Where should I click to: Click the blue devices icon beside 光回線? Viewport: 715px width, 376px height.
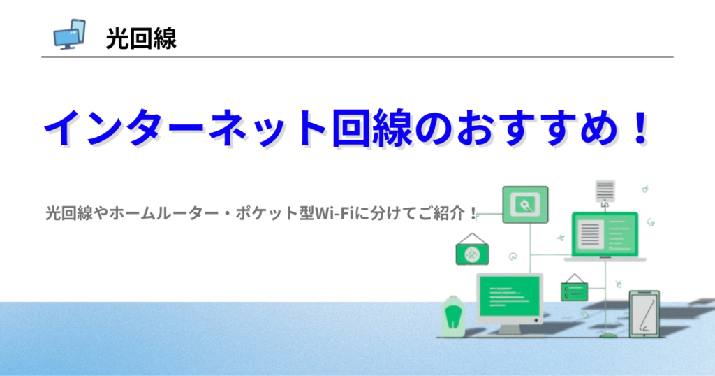(69, 34)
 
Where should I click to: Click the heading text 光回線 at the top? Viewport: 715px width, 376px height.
(141, 38)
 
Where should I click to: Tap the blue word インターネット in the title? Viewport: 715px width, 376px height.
(185, 128)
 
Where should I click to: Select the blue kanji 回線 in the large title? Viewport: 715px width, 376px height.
(372, 128)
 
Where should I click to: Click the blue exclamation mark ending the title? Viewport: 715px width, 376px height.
(641, 127)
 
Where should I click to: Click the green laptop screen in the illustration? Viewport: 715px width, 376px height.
(605, 235)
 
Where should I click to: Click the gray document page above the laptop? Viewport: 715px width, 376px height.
(605, 191)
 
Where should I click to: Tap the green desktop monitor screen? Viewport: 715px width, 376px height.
(509, 296)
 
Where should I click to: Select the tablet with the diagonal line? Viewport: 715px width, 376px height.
(644, 314)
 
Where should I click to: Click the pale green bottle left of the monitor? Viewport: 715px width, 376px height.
(453, 316)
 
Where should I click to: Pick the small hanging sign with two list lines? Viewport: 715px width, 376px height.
(574, 288)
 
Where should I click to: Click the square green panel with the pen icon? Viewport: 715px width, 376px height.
(525, 205)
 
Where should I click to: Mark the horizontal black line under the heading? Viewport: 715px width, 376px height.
(357, 57)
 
